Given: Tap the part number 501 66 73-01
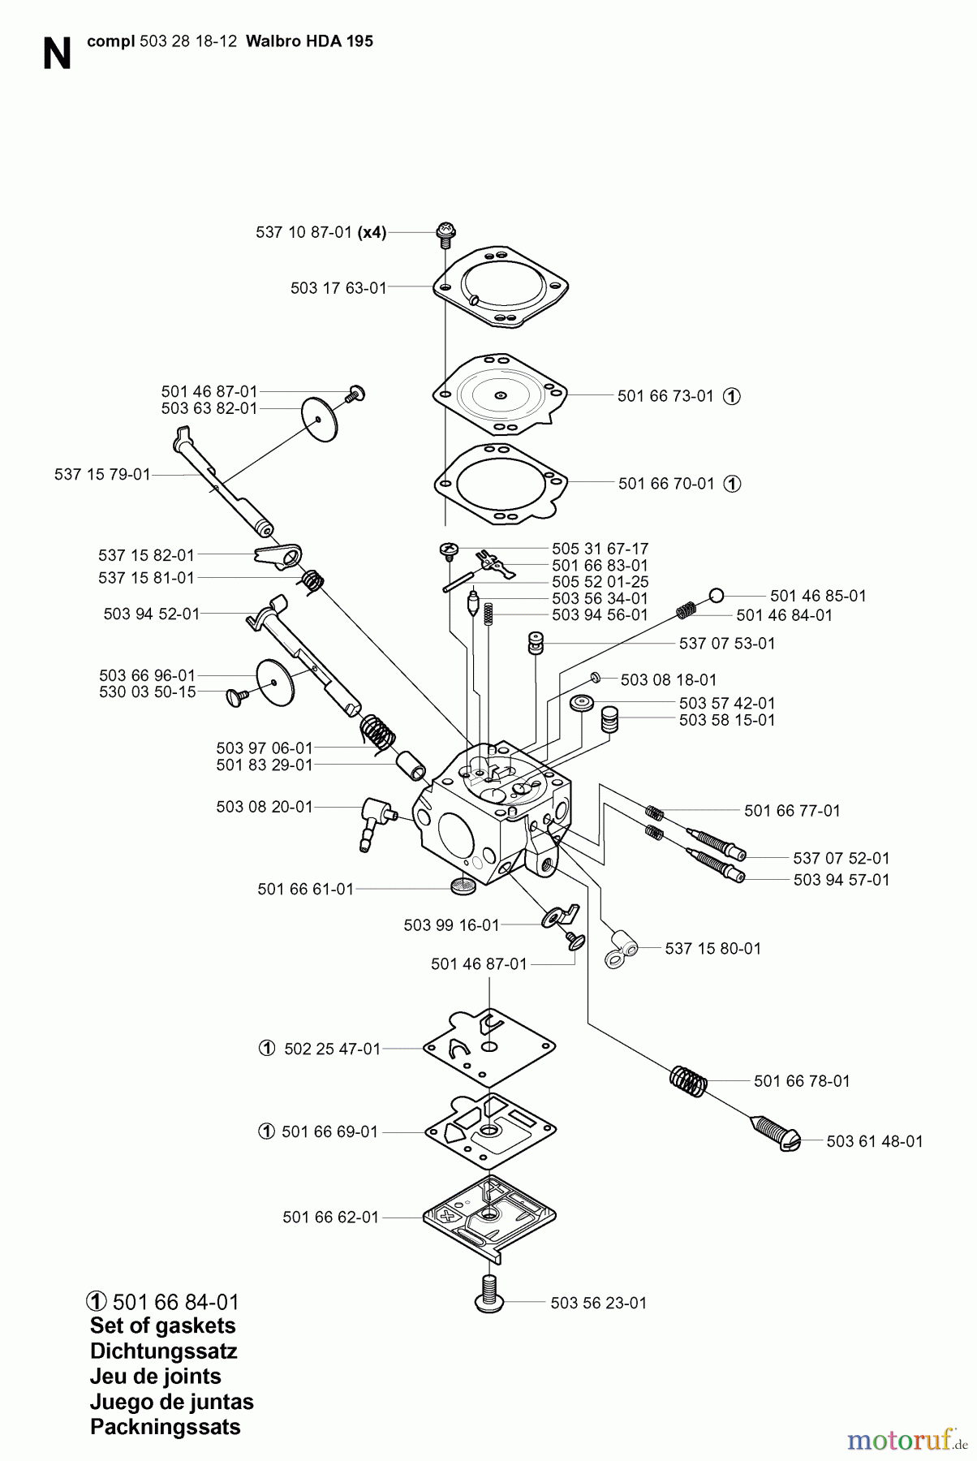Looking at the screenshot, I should tap(665, 396).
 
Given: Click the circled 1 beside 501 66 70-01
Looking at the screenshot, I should tap(732, 484).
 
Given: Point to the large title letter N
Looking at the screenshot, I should tap(56, 54).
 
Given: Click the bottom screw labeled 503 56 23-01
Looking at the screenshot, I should tap(489, 1293).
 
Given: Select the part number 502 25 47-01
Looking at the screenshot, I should tap(332, 1049).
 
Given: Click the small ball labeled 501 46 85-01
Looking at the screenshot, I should tap(716, 596).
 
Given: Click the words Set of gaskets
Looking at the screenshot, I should tap(162, 1325).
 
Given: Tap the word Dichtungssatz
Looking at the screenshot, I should tap(163, 1351).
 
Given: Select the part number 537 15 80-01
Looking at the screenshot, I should tap(712, 948).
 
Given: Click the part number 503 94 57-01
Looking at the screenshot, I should tap(841, 880).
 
